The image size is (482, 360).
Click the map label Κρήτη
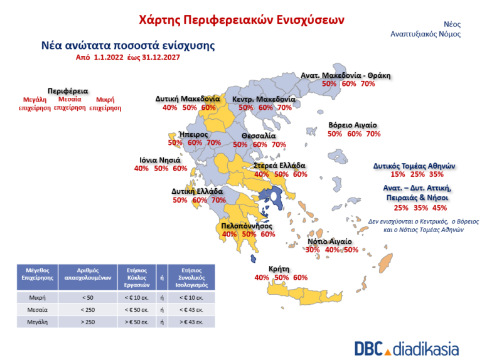click(279, 268)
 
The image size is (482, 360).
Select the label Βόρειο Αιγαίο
click(353, 125)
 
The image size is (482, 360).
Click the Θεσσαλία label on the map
click(259, 135)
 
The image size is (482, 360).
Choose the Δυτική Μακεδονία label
click(187, 99)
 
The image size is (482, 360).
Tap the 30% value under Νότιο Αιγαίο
click(313, 250)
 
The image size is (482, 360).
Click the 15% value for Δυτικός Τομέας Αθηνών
click(398, 174)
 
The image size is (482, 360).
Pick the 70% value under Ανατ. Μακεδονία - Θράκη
click(368, 83)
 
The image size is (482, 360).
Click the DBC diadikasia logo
click(406, 349)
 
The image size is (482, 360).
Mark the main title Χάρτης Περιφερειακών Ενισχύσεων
click(241, 19)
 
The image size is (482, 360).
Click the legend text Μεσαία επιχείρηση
click(70, 103)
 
